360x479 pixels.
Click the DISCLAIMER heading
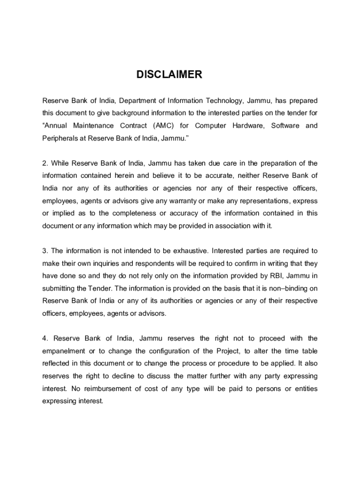pos(169,75)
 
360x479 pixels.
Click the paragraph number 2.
pos(45,163)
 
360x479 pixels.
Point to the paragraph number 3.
pos(45,251)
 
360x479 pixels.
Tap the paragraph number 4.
pos(45,338)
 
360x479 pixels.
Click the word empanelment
pos(64,351)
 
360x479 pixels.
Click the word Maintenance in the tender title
pos(93,126)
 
